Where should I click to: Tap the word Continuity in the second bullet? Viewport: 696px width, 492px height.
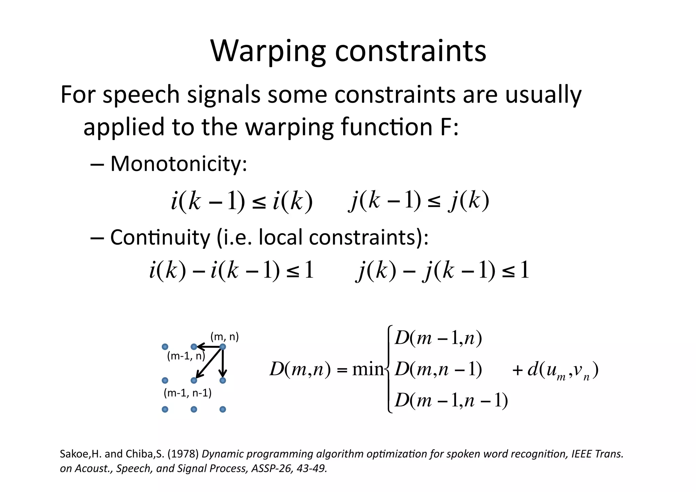coord(160,237)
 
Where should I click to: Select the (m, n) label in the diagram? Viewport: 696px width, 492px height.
coord(225,337)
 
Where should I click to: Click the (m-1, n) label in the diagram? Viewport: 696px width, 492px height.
coord(186,356)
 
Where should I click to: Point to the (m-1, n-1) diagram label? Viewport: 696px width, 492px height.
coord(188,393)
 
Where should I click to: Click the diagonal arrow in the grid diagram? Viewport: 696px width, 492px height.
coord(209,363)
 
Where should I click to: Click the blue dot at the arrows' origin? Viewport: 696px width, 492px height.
coord(223,347)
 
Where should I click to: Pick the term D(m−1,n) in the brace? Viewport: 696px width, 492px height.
coord(438,339)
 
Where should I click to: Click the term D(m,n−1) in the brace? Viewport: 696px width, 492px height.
coord(438,370)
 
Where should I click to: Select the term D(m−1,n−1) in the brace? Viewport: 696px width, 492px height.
coord(451,401)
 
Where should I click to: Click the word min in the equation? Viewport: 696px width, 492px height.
coord(368,369)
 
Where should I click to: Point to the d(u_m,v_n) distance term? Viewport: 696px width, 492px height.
coord(563,370)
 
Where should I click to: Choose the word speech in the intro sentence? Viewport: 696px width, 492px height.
coord(141,95)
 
